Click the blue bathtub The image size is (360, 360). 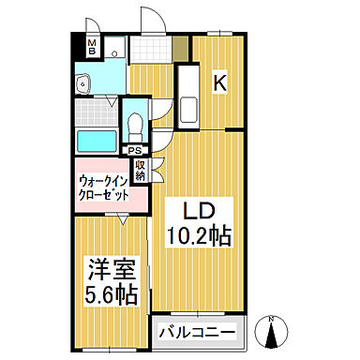95,142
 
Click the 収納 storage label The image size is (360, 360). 141,171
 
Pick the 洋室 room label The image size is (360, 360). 110,268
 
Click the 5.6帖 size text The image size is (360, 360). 110,294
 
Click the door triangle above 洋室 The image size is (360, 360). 123,217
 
